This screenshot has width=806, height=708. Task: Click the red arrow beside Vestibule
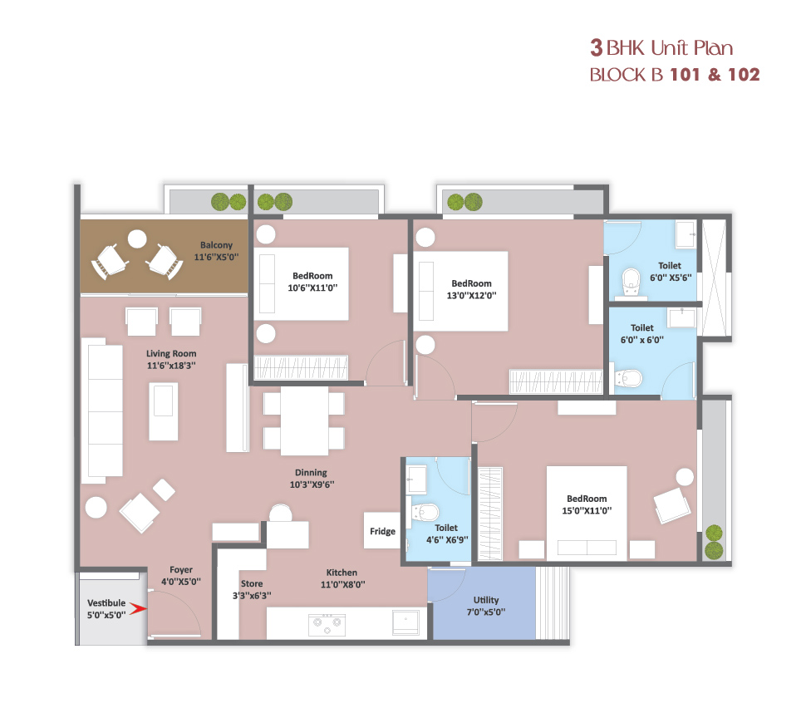tap(138, 609)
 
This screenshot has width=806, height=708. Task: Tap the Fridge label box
tap(382, 531)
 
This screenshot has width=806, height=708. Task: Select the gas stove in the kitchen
tap(327, 624)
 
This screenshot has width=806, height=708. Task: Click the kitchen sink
tap(406, 622)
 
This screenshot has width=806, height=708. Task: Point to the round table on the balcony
tap(137, 239)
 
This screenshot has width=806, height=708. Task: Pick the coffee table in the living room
tap(164, 411)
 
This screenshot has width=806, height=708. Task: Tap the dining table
tap(304, 421)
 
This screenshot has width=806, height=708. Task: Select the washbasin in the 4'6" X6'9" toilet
tap(417, 479)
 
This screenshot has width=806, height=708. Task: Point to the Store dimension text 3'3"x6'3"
tap(252, 596)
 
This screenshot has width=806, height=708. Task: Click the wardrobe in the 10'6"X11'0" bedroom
tap(302, 367)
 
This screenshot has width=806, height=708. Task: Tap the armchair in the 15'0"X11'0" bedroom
tap(672, 505)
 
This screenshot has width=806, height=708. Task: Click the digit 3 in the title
tap(597, 48)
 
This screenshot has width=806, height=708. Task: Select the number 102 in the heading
tap(744, 75)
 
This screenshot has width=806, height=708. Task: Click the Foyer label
tap(181, 570)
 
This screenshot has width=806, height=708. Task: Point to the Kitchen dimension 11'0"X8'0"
tap(343, 585)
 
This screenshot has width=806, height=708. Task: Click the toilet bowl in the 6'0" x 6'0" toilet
tap(628, 379)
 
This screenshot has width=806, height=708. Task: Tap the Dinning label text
tap(311, 473)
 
